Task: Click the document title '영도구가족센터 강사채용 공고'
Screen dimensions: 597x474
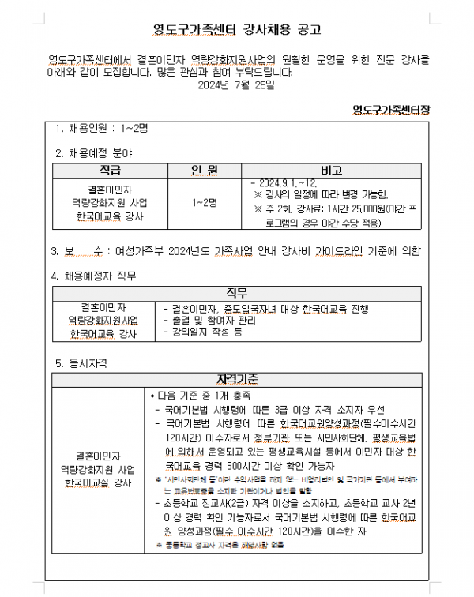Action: click(x=237, y=31)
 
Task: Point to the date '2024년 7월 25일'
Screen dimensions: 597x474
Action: click(x=236, y=84)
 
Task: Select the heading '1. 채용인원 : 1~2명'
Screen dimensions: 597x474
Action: click(x=102, y=128)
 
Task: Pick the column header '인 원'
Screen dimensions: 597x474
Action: click(x=204, y=171)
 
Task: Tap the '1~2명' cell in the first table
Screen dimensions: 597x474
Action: click(x=204, y=203)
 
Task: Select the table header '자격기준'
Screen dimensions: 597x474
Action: click(x=237, y=381)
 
